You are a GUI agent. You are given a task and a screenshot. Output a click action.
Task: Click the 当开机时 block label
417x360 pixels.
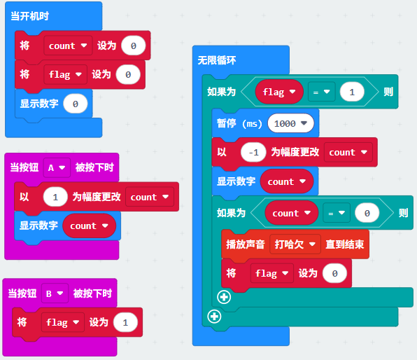30,16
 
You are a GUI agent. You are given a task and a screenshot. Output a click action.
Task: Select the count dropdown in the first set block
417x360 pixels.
68,46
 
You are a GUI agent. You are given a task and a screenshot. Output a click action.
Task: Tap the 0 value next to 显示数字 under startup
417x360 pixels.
76,104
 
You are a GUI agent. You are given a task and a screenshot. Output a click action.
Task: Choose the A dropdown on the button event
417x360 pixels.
57,168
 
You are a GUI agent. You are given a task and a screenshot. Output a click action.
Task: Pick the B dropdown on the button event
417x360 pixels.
55,293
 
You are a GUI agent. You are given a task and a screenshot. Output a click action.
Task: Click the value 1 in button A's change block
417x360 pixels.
55,197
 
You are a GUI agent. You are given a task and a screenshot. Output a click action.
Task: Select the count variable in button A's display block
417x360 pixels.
90,226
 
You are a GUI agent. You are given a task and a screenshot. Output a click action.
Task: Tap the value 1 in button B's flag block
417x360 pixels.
125,322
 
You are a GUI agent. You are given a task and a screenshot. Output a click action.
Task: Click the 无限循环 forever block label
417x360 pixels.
217,60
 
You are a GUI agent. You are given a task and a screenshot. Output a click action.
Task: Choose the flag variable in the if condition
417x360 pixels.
279,92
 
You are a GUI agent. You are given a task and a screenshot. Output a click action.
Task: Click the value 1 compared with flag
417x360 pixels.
352,92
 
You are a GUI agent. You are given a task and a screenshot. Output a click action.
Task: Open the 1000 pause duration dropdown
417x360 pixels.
290,123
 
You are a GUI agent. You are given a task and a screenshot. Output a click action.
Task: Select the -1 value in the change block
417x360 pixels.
253,152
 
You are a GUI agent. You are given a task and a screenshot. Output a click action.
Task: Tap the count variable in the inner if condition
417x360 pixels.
292,213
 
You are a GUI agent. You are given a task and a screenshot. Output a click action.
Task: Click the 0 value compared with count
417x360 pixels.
367,213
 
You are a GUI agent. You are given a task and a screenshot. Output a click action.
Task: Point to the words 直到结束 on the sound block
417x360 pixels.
345,244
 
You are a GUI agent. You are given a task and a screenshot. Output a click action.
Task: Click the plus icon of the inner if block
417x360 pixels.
224,297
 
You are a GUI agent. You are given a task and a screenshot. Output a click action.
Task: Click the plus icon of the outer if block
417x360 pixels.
214,317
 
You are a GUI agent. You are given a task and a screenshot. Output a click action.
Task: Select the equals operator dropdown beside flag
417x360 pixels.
322,92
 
